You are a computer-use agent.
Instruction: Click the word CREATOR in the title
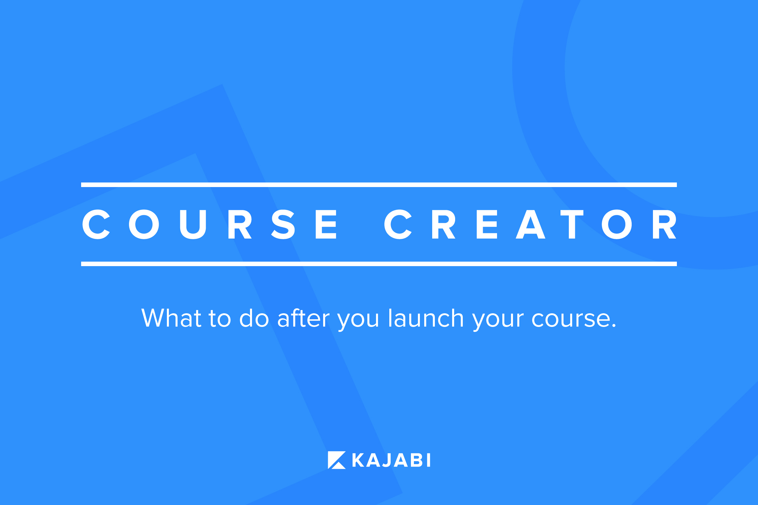pos(530,224)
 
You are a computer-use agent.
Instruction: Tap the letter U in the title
pos(193,225)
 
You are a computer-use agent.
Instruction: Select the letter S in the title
pos(283,224)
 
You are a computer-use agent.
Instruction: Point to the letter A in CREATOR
pos(530,224)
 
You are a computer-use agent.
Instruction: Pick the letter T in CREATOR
pos(572,224)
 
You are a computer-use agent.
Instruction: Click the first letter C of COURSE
pos(96,224)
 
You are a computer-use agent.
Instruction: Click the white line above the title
pos(379,185)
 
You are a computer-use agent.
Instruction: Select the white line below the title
pos(379,264)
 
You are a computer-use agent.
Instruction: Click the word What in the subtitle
pos(171,318)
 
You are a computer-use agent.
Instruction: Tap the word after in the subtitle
pos(303,318)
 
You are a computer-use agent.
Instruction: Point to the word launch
pos(426,318)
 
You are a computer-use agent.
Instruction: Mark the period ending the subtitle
pos(613,326)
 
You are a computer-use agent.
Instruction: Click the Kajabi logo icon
pos(337,460)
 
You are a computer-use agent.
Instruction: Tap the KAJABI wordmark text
pos(391,460)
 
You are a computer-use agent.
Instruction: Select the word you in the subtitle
pos(358,321)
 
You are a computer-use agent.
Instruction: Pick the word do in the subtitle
pos(254,318)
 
